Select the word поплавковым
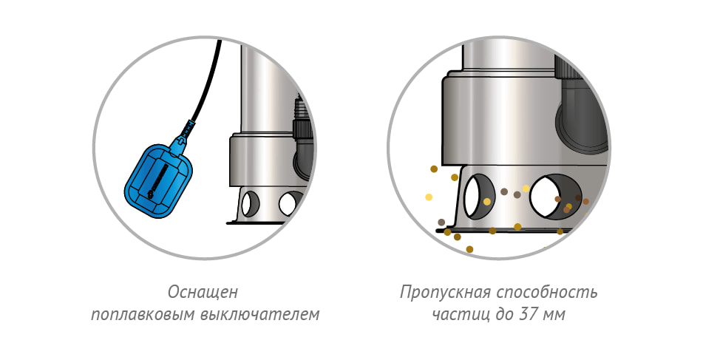[x=137, y=315]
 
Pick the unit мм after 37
[x=554, y=315]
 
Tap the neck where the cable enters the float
[x=184, y=135]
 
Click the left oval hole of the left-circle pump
[x=249, y=203]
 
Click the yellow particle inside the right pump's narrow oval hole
[x=486, y=202]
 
